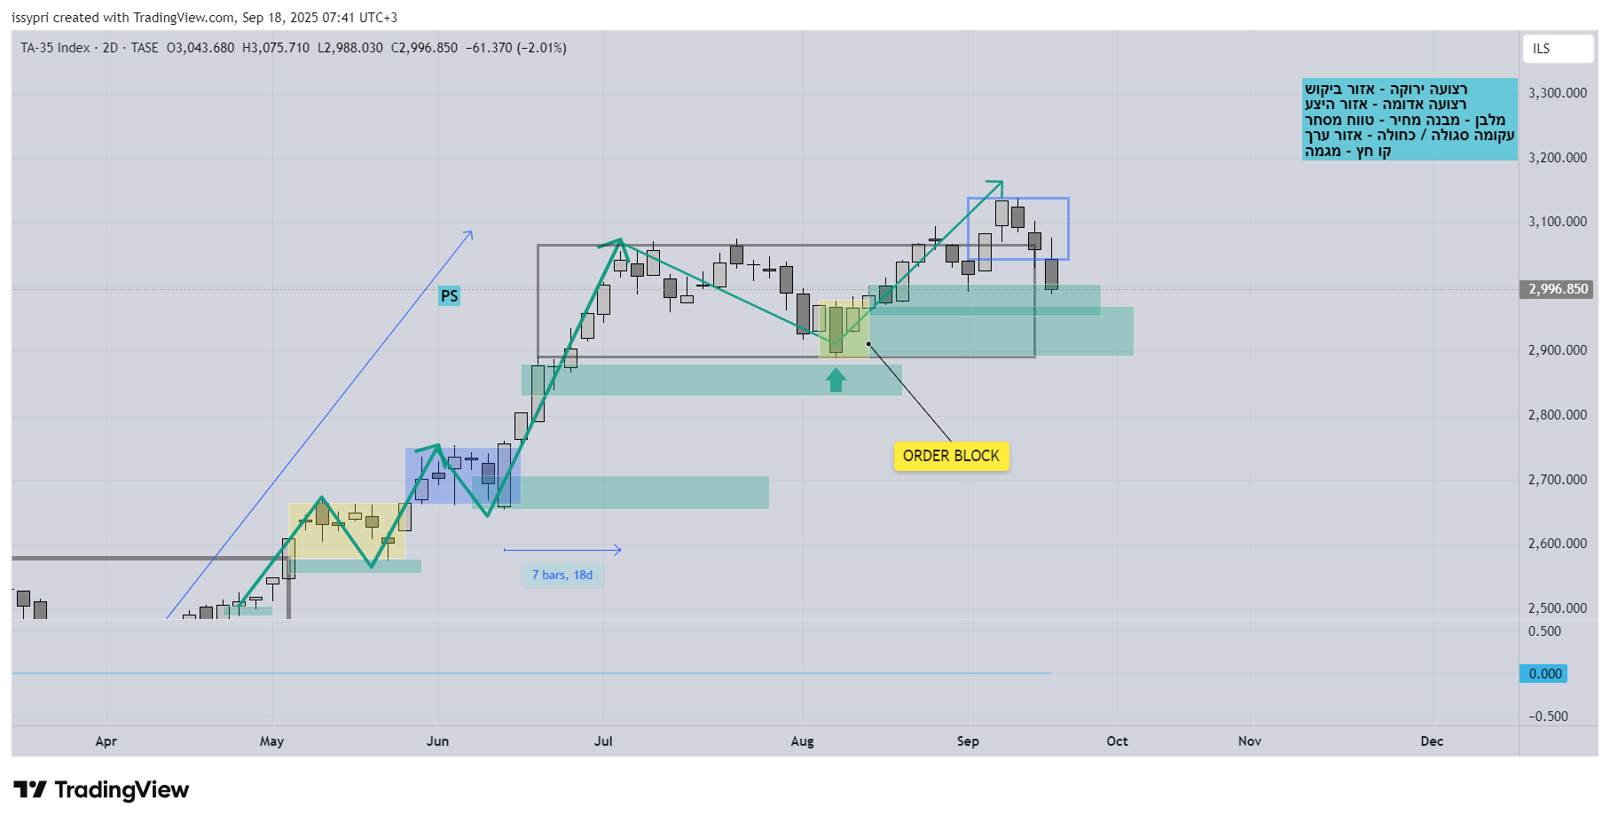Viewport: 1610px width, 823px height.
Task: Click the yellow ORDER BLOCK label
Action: point(951,456)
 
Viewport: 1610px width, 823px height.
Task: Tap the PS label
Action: point(450,296)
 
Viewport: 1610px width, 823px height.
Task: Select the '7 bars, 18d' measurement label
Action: point(562,576)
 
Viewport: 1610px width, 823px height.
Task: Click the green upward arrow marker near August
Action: point(836,380)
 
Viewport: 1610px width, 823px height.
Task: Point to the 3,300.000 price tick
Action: point(1557,93)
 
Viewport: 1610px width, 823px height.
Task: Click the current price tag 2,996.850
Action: point(1558,289)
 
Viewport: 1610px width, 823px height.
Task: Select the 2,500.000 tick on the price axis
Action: point(1557,608)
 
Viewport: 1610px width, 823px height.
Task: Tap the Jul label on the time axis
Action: point(603,741)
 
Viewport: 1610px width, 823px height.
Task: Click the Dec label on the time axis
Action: point(1431,741)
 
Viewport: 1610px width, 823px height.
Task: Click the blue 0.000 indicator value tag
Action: point(1544,674)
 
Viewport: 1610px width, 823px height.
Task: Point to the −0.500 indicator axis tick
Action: point(1548,717)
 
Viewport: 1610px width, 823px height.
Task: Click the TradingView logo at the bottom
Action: point(102,790)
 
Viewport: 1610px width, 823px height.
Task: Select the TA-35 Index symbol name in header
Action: point(55,48)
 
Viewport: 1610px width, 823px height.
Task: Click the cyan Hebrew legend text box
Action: point(1409,120)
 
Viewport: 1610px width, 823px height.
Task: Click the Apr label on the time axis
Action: point(106,741)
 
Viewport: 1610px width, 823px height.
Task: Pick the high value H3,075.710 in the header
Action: point(276,48)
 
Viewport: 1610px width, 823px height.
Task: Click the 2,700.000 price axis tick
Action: point(1557,480)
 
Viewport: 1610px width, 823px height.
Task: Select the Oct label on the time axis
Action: point(1117,741)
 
